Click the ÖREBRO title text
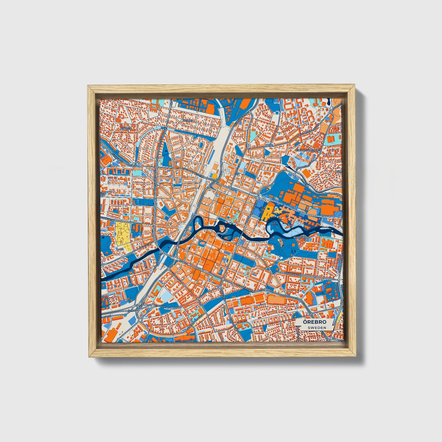tap(315, 322)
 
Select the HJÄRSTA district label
tap(126, 128)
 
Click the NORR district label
tap(269, 145)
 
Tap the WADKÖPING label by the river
tap(302, 237)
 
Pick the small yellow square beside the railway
tap(214, 176)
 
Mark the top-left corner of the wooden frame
tap(88, 86)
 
